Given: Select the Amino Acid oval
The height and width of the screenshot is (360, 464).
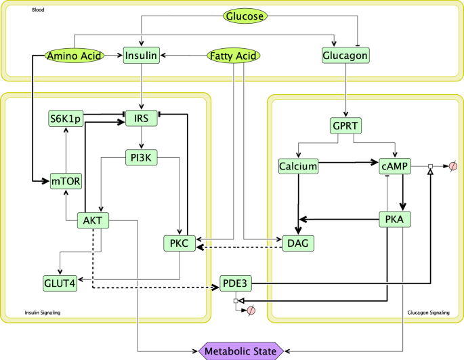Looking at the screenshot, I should (x=74, y=56).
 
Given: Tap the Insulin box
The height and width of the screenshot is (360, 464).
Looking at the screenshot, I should (x=141, y=56).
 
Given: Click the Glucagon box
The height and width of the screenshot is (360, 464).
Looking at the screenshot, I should (x=345, y=56).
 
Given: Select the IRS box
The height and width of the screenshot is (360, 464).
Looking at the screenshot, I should (x=141, y=119).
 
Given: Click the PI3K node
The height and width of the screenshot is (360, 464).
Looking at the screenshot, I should (x=141, y=158).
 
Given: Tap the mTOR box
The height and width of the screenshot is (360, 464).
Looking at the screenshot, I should (x=66, y=182).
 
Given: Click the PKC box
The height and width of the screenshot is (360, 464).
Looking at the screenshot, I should (x=180, y=243).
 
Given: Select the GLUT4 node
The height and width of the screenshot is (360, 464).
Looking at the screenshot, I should (x=60, y=283).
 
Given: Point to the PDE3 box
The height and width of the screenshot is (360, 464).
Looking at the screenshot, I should (x=237, y=283).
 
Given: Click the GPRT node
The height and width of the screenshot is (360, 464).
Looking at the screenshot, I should (x=345, y=126).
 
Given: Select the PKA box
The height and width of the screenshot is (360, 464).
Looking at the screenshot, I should (x=394, y=219).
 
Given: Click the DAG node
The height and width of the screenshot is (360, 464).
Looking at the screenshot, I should (x=299, y=242).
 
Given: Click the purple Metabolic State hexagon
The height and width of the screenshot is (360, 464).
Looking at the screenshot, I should (x=242, y=351).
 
